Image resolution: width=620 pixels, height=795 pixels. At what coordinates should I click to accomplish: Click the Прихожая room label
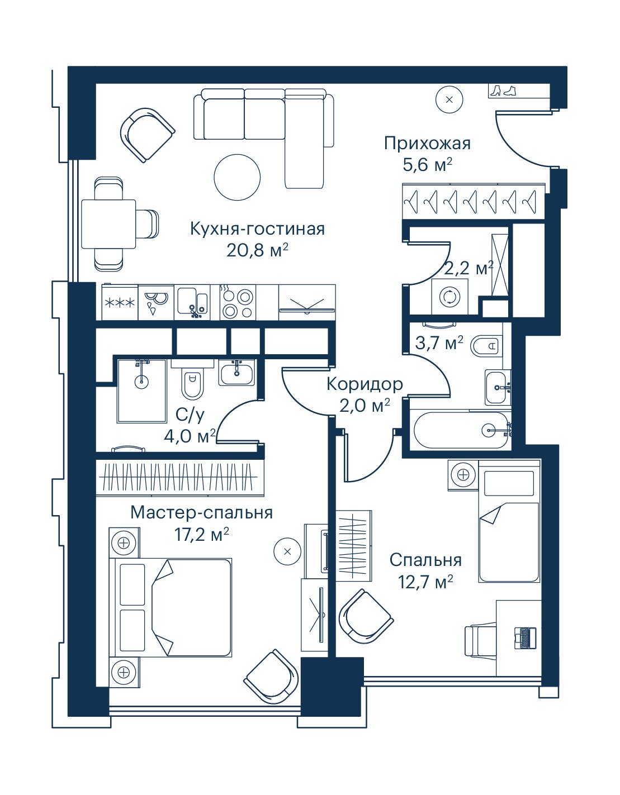(427, 144)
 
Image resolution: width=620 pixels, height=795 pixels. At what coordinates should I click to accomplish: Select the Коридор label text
(365, 384)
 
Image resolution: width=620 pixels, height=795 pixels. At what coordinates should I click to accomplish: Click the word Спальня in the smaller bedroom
(425, 560)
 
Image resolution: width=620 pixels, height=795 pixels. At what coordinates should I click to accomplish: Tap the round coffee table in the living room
(237, 177)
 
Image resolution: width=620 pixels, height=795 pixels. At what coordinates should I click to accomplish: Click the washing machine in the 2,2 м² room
(450, 296)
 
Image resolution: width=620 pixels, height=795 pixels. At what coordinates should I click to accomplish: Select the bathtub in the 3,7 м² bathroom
(462, 430)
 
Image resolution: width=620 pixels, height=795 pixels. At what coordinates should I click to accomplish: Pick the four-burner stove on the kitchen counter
(238, 303)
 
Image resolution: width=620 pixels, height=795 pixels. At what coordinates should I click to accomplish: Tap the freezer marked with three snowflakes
(120, 303)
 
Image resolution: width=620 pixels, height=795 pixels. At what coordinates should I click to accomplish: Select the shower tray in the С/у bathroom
(141, 391)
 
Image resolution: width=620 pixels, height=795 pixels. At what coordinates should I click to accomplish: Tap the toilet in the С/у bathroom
(192, 380)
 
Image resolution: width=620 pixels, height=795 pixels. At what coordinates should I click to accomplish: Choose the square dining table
(108, 224)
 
